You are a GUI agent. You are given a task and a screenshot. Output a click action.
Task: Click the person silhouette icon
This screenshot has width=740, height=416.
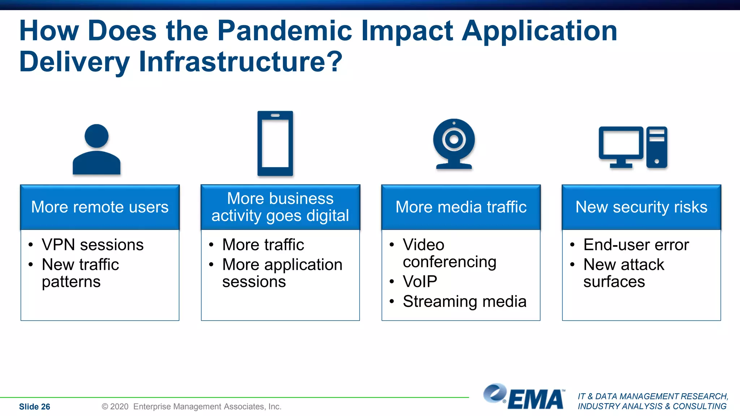(96, 150)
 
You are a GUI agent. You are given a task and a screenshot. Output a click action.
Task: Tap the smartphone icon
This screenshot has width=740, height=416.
(275, 143)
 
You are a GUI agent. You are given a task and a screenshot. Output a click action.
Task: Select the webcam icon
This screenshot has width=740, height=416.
(454, 144)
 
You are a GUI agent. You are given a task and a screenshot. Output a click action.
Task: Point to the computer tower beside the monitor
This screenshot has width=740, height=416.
(657, 147)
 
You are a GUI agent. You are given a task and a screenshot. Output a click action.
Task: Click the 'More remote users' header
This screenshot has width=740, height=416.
(100, 207)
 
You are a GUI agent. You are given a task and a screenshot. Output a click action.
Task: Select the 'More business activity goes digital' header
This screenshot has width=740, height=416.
(280, 207)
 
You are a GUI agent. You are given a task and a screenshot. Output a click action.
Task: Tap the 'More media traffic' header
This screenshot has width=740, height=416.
(461, 207)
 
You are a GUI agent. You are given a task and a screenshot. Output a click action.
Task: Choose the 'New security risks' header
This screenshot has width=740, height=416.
(641, 207)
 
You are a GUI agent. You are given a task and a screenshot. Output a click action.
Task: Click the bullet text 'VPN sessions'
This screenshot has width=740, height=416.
(92, 245)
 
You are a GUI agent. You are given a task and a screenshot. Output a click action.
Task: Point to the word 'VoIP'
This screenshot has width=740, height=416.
(420, 282)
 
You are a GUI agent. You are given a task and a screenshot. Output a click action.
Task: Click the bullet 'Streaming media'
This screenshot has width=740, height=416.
(464, 302)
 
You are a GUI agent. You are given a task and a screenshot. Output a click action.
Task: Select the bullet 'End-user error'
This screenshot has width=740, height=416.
(636, 245)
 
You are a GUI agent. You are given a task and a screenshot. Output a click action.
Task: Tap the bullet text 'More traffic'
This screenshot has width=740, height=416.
(263, 245)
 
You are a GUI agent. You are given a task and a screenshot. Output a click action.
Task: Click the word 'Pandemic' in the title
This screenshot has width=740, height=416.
(284, 31)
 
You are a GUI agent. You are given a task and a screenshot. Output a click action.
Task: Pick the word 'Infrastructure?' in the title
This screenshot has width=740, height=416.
(240, 62)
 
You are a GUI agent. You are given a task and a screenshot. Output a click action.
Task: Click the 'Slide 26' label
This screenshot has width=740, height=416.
(35, 407)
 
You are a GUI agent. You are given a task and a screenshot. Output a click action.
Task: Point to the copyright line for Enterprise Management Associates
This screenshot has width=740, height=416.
(192, 407)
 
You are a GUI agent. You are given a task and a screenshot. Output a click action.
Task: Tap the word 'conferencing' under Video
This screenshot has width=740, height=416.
(449, 262)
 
